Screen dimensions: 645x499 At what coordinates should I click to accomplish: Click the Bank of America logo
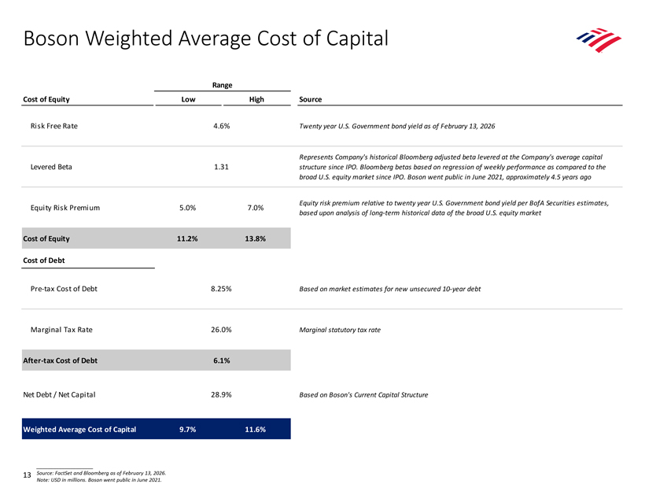coord(599,40)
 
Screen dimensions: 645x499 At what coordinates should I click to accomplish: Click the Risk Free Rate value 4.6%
coord(221,126)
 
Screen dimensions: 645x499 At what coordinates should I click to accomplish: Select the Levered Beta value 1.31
coord(221,167)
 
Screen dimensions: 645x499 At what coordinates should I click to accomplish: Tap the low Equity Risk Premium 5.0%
coord(187,208)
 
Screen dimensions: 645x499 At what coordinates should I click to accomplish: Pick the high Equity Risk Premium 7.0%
coord(256,208)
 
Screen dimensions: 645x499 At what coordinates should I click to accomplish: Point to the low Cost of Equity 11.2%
coord(187,238)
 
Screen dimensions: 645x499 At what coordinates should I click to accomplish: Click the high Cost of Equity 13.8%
coord(256,238)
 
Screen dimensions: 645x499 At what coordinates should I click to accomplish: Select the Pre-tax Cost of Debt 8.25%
coord(221,289)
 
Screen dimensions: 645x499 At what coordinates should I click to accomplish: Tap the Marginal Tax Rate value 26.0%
coord(221,329)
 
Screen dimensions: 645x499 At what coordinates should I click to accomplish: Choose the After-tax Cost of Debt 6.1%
coord(221,360)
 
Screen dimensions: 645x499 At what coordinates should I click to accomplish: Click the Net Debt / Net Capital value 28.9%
coord(221,394)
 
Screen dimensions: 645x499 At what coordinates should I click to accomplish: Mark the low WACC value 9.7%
coord(187,430)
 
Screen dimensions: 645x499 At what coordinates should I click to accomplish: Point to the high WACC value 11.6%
coord(256,430)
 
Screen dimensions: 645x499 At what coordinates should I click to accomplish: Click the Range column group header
coord(222,85)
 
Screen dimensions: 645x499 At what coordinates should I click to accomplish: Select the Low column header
coord(189,99)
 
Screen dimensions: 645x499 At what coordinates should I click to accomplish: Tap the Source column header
coord(311,99)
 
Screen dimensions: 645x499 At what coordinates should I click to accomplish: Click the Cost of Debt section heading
coord(44,261)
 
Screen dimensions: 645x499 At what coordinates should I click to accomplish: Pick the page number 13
coord(28,475)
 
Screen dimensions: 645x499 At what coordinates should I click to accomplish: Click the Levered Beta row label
coord(51,167)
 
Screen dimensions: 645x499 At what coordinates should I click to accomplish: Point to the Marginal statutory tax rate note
coord(340,330)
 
